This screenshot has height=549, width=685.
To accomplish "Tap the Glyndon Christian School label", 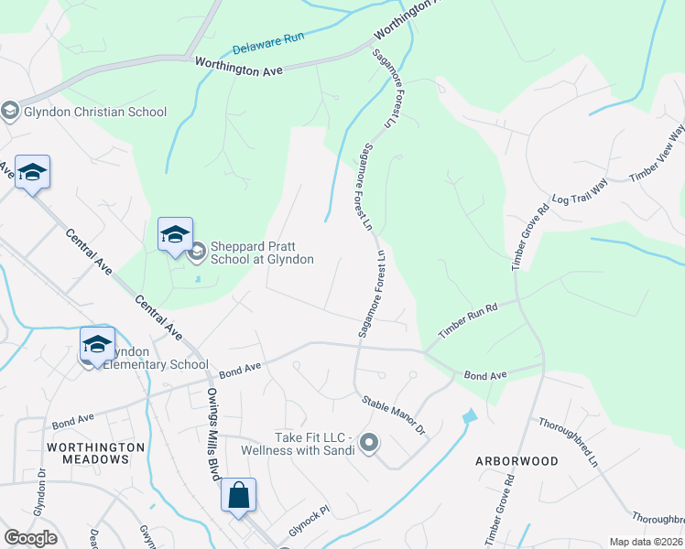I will [96, 112].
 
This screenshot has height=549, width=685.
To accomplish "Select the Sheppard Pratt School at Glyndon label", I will [262, 253].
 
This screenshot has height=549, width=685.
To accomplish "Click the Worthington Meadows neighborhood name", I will [97, 453].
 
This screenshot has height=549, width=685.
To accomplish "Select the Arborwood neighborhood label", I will [516, 461].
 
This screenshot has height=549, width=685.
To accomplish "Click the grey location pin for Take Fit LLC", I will [369, 444].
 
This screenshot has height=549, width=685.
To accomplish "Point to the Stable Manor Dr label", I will [395, 414].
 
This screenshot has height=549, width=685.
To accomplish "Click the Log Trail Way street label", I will [580, 190].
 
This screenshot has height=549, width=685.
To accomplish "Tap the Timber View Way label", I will [658, 156].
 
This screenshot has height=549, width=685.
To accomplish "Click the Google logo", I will [30, 538].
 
